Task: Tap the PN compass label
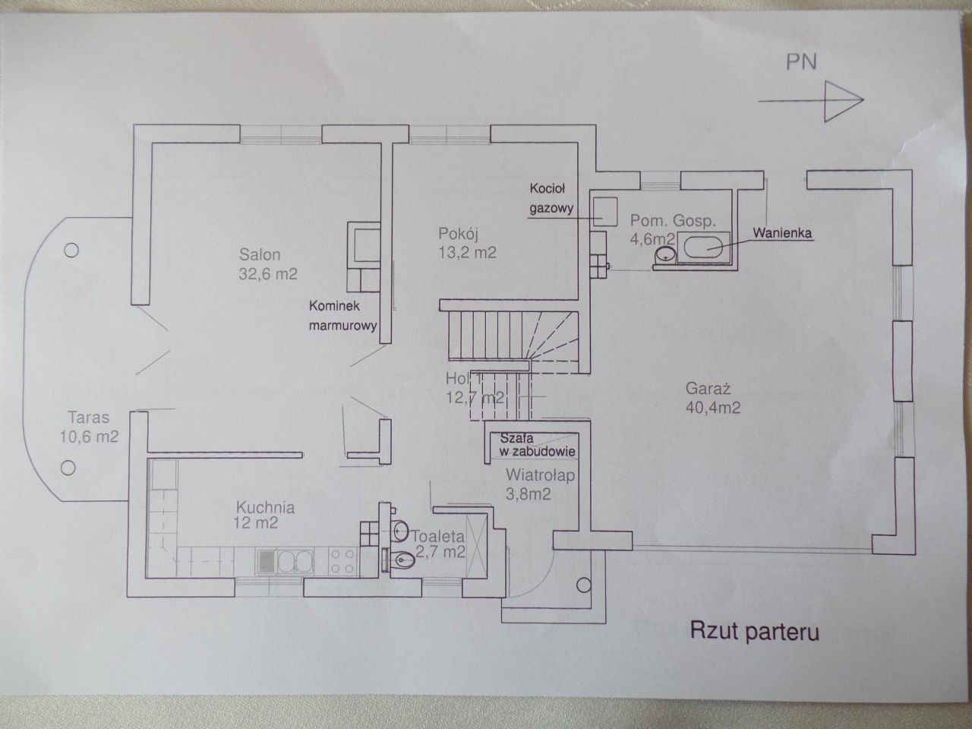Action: [800, 62]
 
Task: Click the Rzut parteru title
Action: [754, 632]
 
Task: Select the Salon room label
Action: [260, 254]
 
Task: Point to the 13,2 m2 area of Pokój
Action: [467, 253]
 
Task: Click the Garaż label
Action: [708, 389]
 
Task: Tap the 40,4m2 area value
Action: [713, 408]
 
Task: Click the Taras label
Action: [89, 418]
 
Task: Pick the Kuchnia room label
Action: [265, 507]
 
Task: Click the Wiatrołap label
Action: [540, 475]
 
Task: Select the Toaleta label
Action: [438, 537]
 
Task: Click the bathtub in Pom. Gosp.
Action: [703, 248]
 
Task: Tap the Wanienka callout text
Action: [782, 233]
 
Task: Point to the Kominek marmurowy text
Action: [342, 316]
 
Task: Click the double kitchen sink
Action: [295, 562]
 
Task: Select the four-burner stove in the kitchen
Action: [343, 561]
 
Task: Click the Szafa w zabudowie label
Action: [538, 445]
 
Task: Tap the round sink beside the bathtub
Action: [664, 254]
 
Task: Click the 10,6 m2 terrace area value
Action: [89, 437]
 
